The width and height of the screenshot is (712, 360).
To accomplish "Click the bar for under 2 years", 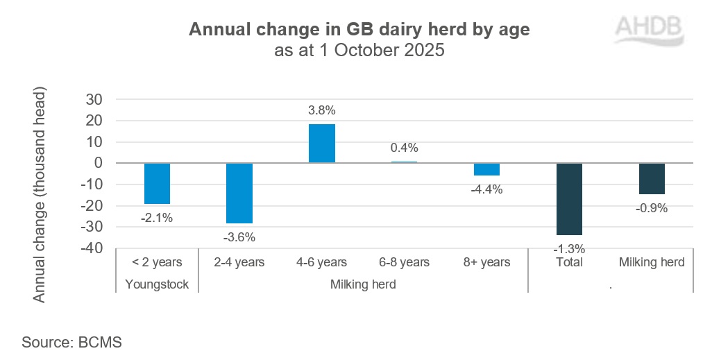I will (x=157, y=183).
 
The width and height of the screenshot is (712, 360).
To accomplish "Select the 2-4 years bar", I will (x=239, y=193).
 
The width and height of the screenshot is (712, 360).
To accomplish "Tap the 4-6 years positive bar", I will (x=322, y=144).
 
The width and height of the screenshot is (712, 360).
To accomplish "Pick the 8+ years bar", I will (x=486, y=169).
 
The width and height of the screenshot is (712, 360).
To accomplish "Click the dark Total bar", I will (x=569, y=199).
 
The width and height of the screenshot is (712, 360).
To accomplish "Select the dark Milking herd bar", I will (x=652, y=178).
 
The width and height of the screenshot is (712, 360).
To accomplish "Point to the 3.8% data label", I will (x=322, y=110).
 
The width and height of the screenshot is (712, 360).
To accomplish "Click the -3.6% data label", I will (x=239, y=237).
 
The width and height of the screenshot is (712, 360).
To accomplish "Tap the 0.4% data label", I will (x=404, y=147).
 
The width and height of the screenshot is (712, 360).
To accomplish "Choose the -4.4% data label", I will (x=486, y=189).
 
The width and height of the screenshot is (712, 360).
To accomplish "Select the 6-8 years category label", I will (x=404, y=262).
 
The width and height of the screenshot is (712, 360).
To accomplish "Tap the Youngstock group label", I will (x=157, y=284).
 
